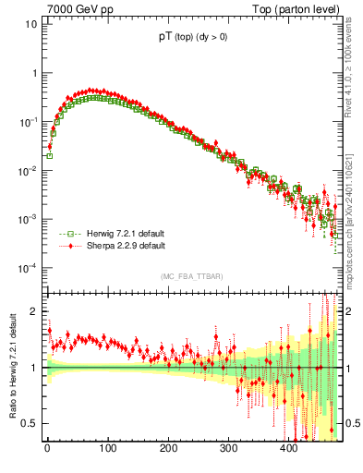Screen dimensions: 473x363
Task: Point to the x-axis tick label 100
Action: pyautogui.click(x=107, y=448)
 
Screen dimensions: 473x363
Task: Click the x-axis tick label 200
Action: pyautogui.click(x=168, y=448)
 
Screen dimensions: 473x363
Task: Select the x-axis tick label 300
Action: pyautogui.click(x=228, y=448)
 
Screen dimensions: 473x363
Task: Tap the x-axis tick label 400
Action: pyautogui.click(x=289, y=448)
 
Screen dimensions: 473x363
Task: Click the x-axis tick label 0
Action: pyautogui.click(x=47, y=448)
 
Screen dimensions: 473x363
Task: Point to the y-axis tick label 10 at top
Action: pyautogui.click(x=30, y=24)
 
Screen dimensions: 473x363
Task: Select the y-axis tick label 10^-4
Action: pyautogui.click(x=28, y=268)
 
